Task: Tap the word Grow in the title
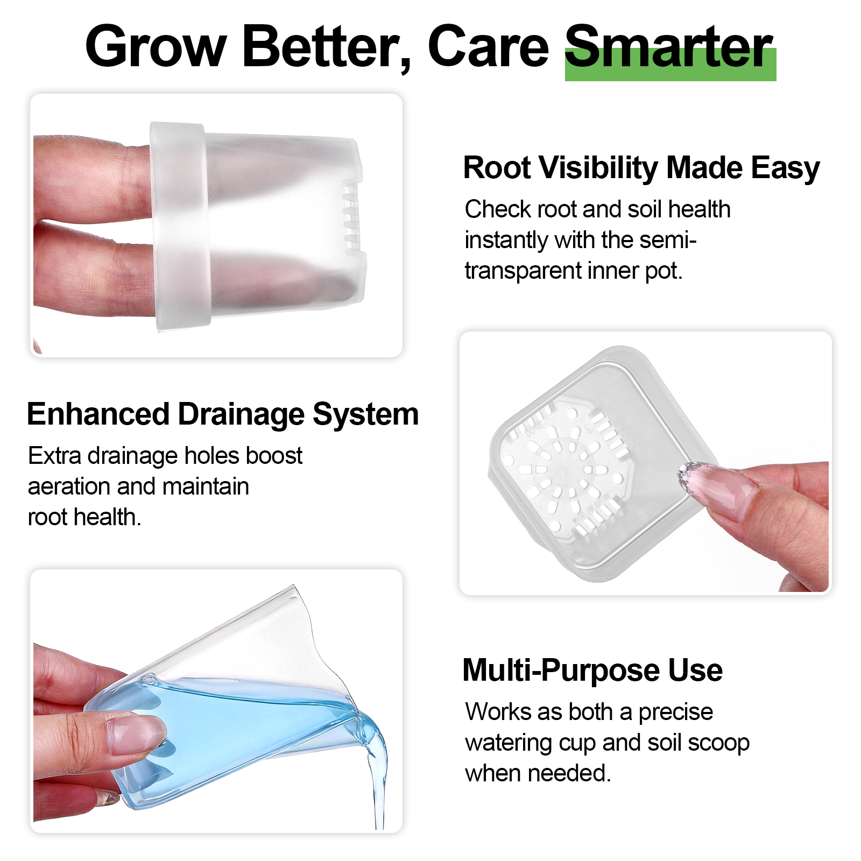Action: point(156,47)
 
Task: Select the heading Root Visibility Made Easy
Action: point(641,168)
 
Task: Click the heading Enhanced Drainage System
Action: point(223,414)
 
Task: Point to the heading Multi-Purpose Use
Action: point(592,671)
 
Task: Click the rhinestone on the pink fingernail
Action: point(688,475)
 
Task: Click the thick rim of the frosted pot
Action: point(179,226)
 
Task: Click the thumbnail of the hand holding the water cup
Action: point(136,735)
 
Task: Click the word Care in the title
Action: point(488,47)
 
